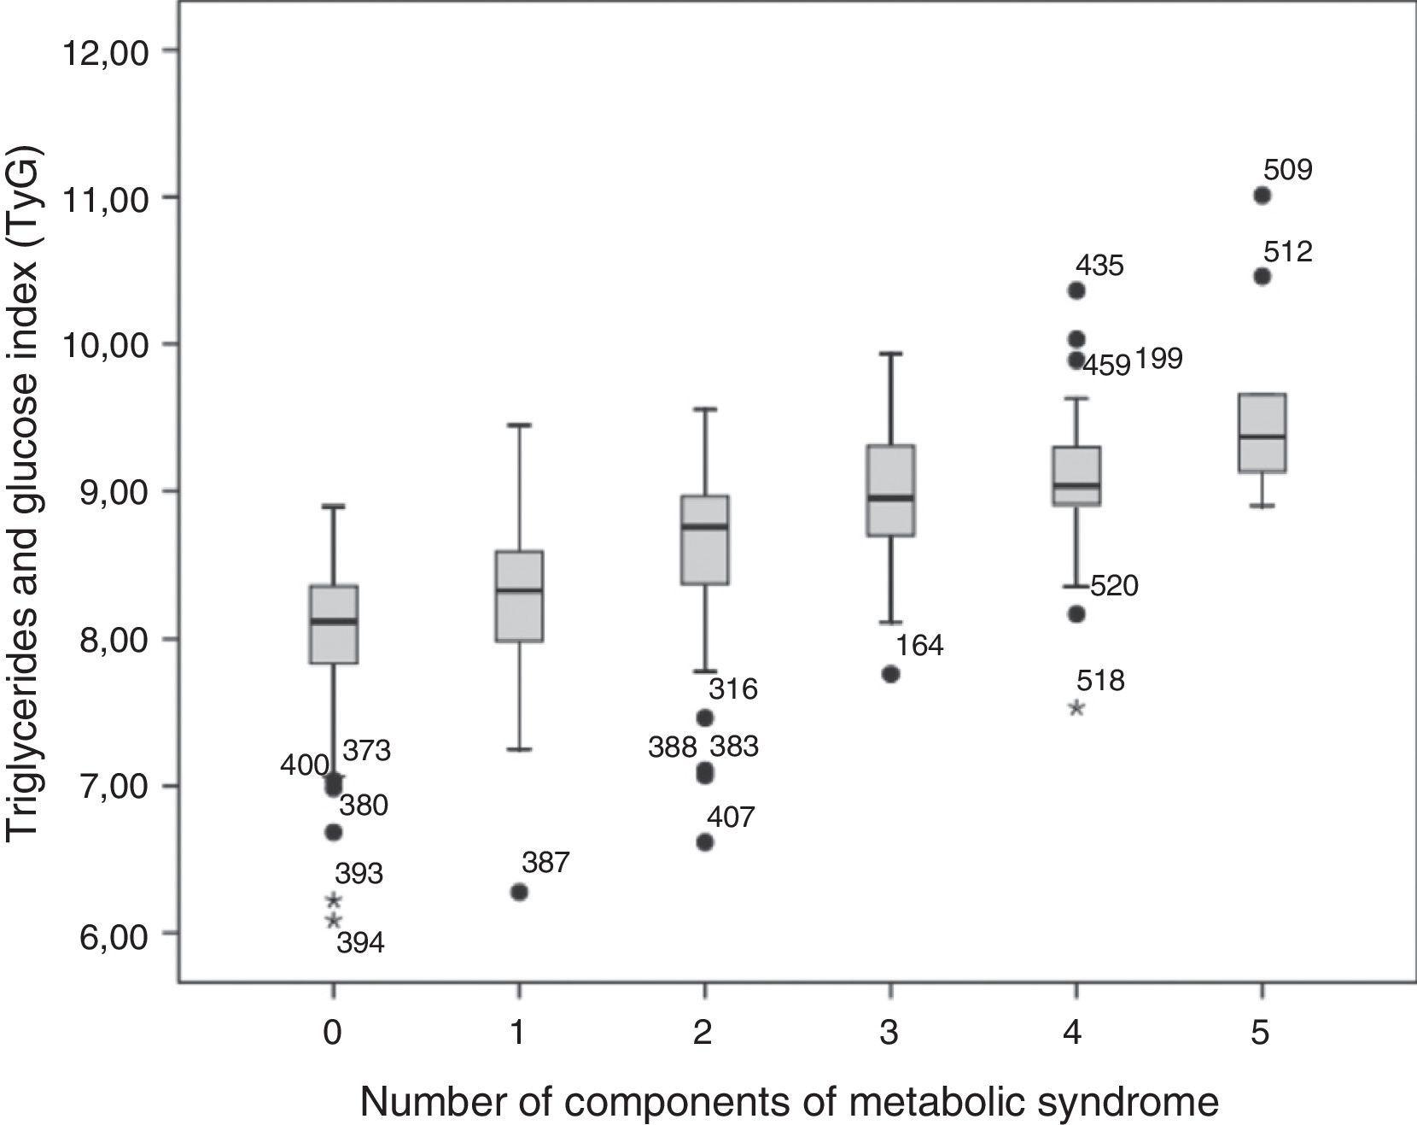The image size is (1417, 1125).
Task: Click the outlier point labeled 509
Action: [x=1262, y=196]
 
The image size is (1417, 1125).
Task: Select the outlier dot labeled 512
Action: [x=1262, y=277]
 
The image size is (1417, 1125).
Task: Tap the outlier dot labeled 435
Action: [x=1076, y=290]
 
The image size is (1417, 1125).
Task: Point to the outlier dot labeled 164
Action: [x=890, y=674]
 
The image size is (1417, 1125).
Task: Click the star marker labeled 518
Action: [x=1076, y=707]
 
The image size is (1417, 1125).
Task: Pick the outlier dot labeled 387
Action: [x=519, y=893]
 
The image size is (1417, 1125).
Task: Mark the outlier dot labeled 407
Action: [x=705, y=842]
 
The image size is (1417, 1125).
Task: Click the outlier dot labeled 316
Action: [x=705, y=718]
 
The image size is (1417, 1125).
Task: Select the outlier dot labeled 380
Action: [x=334, y=832]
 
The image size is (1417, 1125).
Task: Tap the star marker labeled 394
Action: [x=334, y=921]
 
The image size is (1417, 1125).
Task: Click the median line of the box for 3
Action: [x=890, y=497]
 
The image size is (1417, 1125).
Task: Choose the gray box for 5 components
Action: [x=1262, y=432]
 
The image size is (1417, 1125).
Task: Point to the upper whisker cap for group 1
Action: [x=519, y=425]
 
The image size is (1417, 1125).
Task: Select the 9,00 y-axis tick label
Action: [x=112, y=492]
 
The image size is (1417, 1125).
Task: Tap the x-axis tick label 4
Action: [x=1073, y=1034]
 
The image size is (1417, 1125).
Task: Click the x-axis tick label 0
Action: [x=333, y=1034]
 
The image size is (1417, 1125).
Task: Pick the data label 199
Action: [x=1158, y=360]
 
